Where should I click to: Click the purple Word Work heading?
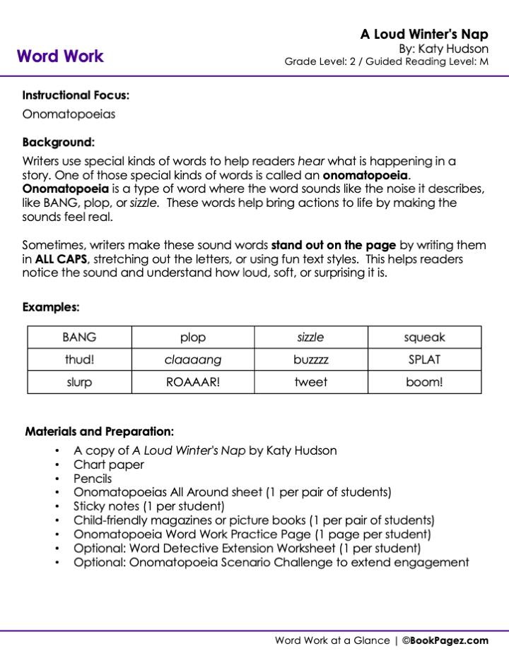coord(60,56)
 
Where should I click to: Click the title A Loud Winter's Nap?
coord(424,35)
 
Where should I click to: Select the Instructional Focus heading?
coord(76,95)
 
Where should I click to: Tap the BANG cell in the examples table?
coord(79,337)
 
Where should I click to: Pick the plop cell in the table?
coord(193,337)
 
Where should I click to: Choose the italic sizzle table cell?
coord(311,337)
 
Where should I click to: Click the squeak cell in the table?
coord(424,337)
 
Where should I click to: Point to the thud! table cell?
coord(79,359)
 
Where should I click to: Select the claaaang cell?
coord(193,360)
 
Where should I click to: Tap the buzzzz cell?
coord(311,360)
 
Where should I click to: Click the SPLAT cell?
coord(424,359)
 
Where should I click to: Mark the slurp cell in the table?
coord(79,382)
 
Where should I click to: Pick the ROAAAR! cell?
coord(193,382)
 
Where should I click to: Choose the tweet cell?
coord(311,382)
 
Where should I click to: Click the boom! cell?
coord(424,382)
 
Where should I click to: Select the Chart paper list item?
coord(109,465)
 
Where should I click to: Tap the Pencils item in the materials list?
coord(93,479)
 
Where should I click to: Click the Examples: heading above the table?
coord(51,307)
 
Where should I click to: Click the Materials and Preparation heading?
coord(100,431)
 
